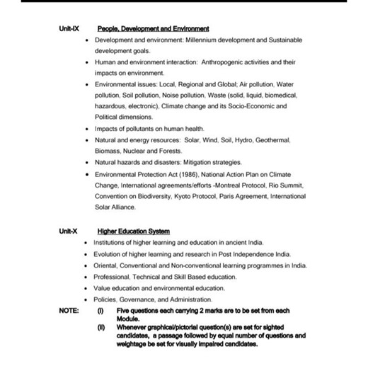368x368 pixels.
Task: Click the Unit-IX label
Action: pyautogui.click(x=69, y=29)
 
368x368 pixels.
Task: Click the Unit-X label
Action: pyautogui.click(x=68, y=231)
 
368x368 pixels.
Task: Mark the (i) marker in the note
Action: pyautogui.click(x=99, y=311)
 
